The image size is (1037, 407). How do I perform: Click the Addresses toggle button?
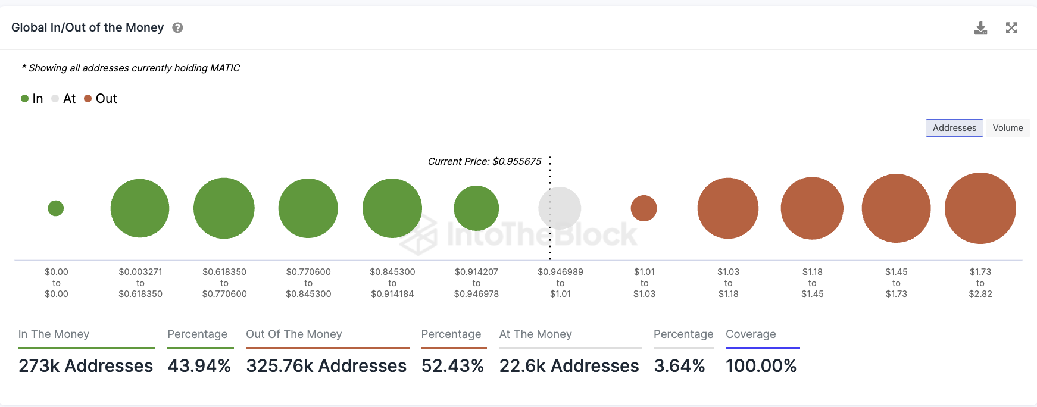[954, 128]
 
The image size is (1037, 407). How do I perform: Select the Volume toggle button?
[1007, 128]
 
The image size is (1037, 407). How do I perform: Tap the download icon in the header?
[980, 28]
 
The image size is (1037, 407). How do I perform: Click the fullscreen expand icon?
[1011, 28]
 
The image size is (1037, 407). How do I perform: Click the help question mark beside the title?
[177, 28]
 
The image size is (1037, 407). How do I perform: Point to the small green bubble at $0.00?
[56, 208]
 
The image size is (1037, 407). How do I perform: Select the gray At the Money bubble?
[560, 208]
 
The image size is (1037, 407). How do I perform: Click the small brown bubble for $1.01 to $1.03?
[644, 208]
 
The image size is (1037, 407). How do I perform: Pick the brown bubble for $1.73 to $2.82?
[980, 208]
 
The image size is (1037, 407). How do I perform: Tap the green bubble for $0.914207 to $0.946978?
[476, 208]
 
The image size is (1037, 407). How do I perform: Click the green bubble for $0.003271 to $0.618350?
[140, 208]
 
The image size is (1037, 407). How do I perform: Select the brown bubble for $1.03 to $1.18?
[728, 208]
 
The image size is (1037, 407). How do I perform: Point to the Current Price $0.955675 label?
[485, 161]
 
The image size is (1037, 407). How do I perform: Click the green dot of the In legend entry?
[25, 99]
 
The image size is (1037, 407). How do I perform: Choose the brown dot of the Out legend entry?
[88, 99]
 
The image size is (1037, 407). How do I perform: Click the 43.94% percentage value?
[199, 365]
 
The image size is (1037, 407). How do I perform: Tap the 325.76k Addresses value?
[326, 365]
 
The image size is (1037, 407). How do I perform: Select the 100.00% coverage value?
[761, 365]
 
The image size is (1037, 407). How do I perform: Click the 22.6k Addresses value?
[569, 365]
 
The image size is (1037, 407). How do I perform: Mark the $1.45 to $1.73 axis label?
[896, 283]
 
